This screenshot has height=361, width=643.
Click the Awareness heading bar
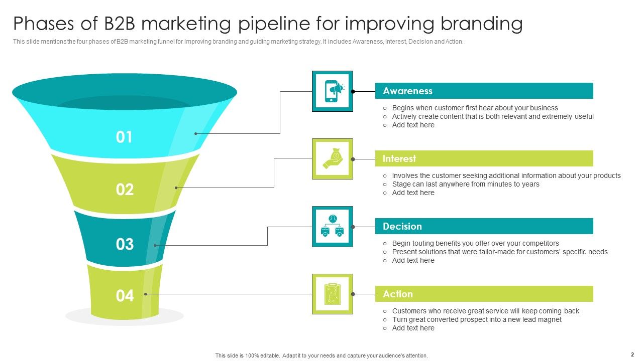tap(484, 91)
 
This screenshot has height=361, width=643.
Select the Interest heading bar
tap(484, 158)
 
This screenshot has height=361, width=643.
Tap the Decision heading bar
tap(484, 226)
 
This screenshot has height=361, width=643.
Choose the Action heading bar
tap(484, 294)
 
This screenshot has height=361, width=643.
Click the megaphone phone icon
tap(333, 91)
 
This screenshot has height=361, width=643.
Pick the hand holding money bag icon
tap(333, 158)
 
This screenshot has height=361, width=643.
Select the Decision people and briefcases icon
tap(333, 226)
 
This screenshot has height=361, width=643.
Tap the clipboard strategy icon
tap(333, 294)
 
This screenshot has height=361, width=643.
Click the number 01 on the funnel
tap(124, 137)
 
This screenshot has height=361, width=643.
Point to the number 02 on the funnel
tap(125, 190)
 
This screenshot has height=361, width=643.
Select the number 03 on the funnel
tap(125, 244)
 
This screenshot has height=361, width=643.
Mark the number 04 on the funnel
tap(125, 296)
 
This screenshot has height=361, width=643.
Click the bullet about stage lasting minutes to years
tap(466, 184)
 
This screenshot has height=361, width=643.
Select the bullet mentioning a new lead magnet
tap(477, 319)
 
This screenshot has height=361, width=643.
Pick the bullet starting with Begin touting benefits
tap(475, 243)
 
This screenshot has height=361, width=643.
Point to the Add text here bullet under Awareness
tap(413, 125)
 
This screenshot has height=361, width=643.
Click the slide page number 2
tap(632, 354)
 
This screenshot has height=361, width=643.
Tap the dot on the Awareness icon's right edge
tap(353, 91)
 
